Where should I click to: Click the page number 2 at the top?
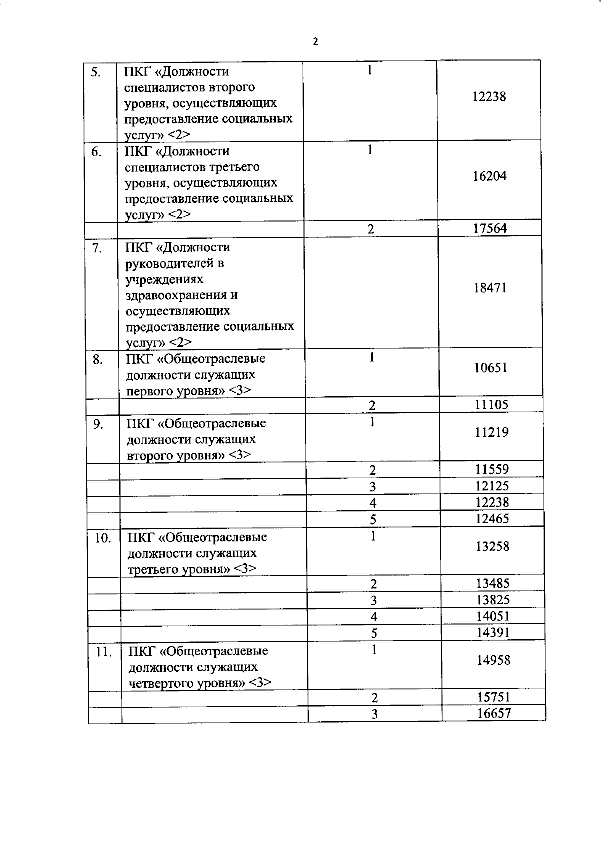315,42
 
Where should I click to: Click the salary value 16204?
490,176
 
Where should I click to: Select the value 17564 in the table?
490,229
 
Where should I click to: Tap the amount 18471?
490,288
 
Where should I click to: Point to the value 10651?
491,368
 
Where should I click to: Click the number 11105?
491,405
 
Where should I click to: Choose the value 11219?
492,432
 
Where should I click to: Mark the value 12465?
492,519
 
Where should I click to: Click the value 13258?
492,546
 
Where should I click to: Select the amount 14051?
493,616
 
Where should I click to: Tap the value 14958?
493,660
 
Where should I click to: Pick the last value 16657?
494,713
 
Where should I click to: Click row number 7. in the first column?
98,248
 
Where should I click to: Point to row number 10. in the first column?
103,538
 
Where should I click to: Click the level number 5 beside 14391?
374,633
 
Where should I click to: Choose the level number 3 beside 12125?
373,487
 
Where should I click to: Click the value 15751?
493,697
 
